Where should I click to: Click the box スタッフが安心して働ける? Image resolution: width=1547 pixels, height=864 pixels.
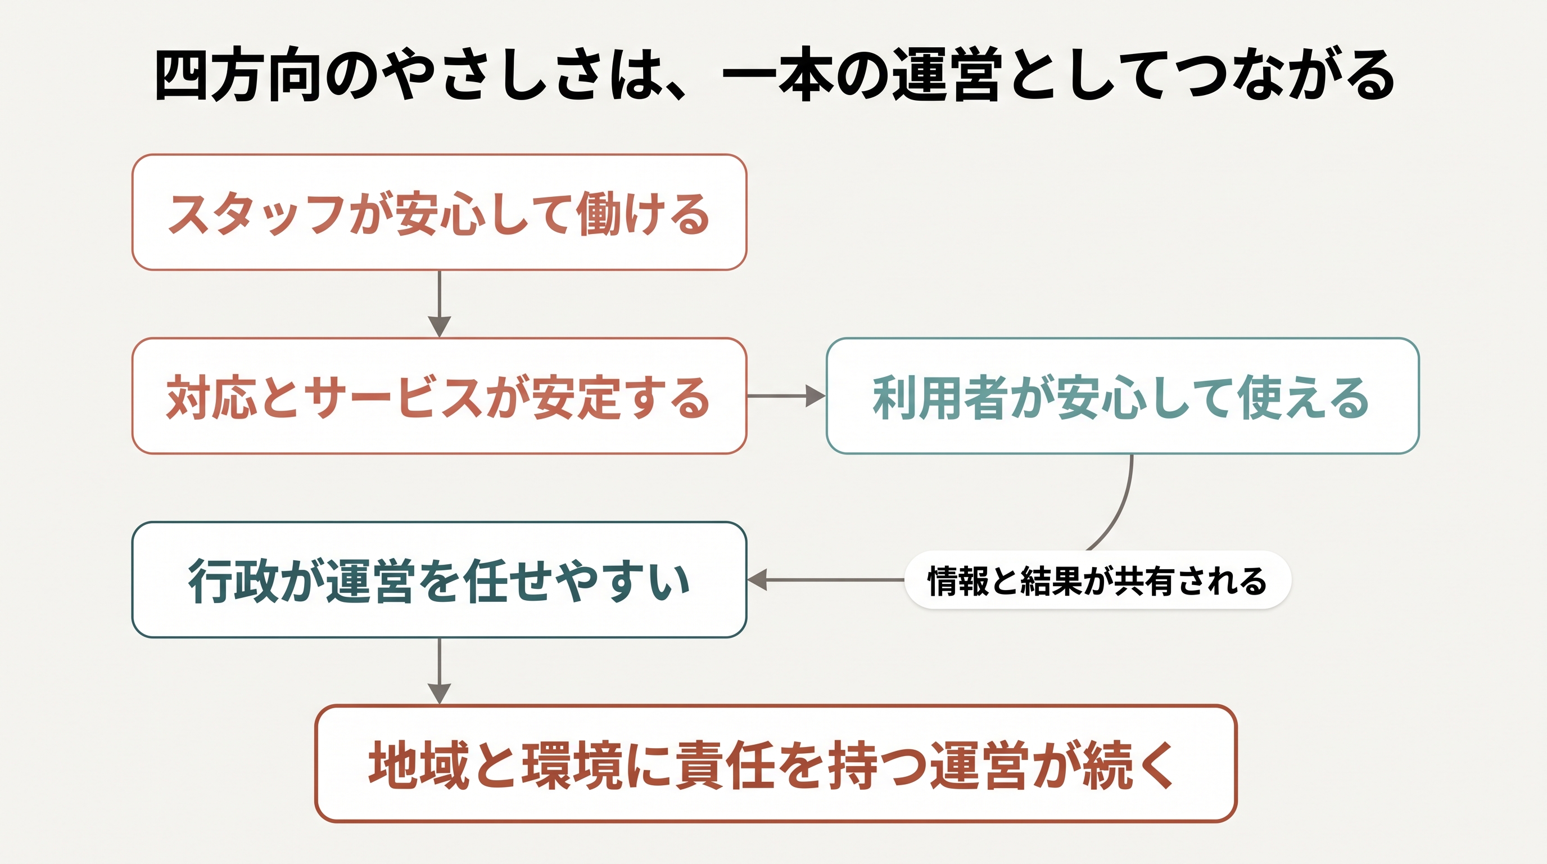click(x=439, y=212)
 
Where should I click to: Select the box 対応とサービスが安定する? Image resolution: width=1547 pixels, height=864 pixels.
click(x=439, y=396)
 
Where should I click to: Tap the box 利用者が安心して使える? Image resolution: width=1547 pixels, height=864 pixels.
click(x=1123, y=396)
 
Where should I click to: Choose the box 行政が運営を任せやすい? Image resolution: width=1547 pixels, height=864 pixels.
click(x=439, y=580)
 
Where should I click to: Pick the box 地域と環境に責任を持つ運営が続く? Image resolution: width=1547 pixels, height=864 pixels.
click(x=776, y=764)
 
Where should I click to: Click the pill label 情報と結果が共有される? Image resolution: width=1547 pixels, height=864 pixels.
click(x=1097, y=580)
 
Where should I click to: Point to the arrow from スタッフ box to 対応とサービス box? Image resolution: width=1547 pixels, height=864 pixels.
click(x=440, y=304)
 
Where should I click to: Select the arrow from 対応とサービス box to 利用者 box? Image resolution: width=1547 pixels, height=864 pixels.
click(x=786, y=396)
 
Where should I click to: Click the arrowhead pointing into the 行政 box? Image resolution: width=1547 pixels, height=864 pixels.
click(x=757, y=580)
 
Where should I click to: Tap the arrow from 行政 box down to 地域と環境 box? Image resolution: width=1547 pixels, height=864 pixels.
click(x=440, y=671)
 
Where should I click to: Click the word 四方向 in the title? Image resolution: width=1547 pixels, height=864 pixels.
click(x=237, y=76)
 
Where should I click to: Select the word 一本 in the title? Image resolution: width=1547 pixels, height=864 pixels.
click(x=777, y=76)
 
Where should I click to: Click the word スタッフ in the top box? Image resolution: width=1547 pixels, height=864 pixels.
click(x=256, y=214)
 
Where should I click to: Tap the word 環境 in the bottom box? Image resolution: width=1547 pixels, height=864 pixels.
click(x=571, y=765)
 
